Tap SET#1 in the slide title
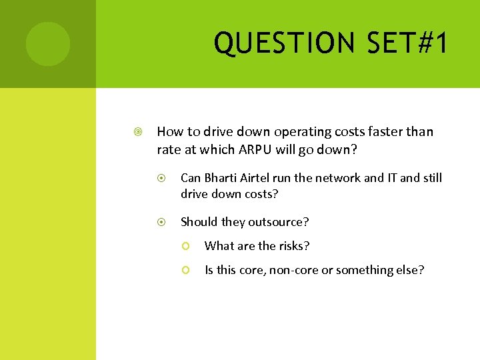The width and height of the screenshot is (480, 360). (x=411, y=43)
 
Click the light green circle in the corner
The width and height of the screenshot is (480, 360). (x=48, y=44)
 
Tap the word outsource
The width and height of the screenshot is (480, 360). (x=281, y=221)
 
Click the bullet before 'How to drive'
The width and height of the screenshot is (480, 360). (x=137, y=132)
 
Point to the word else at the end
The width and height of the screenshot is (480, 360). (x=411, y=270)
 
